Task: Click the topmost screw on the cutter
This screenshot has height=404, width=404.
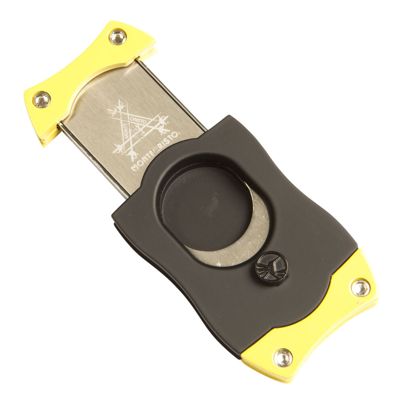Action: click(x=118, y=37)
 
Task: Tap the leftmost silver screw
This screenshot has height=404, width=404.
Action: click(x=42, y=100)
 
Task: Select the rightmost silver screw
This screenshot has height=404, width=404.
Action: click(x=360, y=288)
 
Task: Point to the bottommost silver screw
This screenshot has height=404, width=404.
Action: click(x=283, y=357)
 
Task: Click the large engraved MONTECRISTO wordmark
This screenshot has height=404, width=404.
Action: click(x=155, y=152)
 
